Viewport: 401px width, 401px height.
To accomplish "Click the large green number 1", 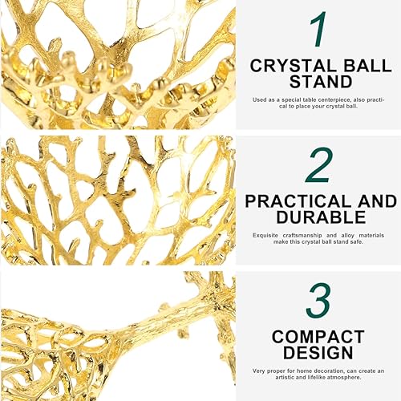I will pos(319,30).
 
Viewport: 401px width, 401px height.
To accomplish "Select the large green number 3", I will pos(319,301).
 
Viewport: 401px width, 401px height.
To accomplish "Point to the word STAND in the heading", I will pos(319,81).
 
